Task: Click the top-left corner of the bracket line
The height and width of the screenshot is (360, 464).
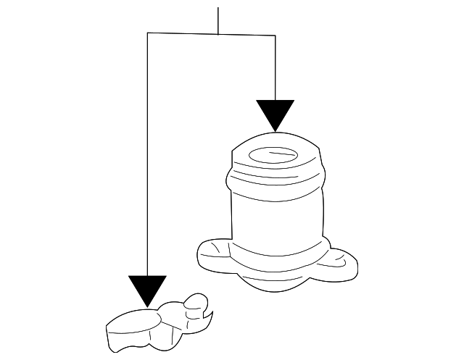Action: [x=147, y=34]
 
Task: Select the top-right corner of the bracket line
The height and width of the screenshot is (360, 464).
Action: [x=275, y=34]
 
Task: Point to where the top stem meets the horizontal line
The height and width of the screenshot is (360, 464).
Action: [x=218, y=34]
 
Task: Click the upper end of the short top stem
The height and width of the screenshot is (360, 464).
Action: [x=218, y=9]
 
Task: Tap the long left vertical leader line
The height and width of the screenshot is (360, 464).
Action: [x=147, y=159]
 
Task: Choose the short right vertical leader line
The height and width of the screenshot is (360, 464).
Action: [x=275, y=65]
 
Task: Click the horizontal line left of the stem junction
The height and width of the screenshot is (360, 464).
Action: [x=181, y=34]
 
